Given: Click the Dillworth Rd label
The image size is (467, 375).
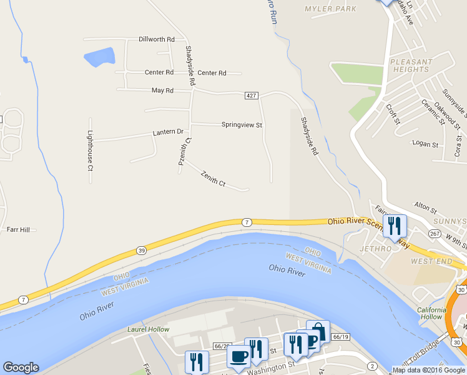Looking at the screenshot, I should [x=157, y=39].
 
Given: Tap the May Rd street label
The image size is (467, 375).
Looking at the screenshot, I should [x=162, y=91].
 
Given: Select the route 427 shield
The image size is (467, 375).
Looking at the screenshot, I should [x=251, y=95].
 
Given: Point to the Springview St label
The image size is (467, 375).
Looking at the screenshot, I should [x=242, y=125].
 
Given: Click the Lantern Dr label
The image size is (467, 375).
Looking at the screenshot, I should [x=168, y=132].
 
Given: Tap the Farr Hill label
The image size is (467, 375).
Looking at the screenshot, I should [x=18, y=230].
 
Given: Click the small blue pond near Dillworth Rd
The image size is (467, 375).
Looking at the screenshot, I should [x=99, y=57].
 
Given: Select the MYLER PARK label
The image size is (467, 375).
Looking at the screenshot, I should [x=330, y=9].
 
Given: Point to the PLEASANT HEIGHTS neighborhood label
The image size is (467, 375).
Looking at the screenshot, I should [x=410, y=66].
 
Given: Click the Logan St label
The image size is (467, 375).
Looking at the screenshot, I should [x=426, y=144].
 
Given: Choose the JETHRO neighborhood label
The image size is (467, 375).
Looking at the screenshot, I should [x=375, y=248].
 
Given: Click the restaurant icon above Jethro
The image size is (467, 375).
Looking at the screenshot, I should [x=394, y=225].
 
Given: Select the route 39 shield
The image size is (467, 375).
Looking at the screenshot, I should [x=142, y=251].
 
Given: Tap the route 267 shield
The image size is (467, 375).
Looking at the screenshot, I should [x=435, y=233].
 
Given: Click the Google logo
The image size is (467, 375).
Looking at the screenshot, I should [x=21, y=367].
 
